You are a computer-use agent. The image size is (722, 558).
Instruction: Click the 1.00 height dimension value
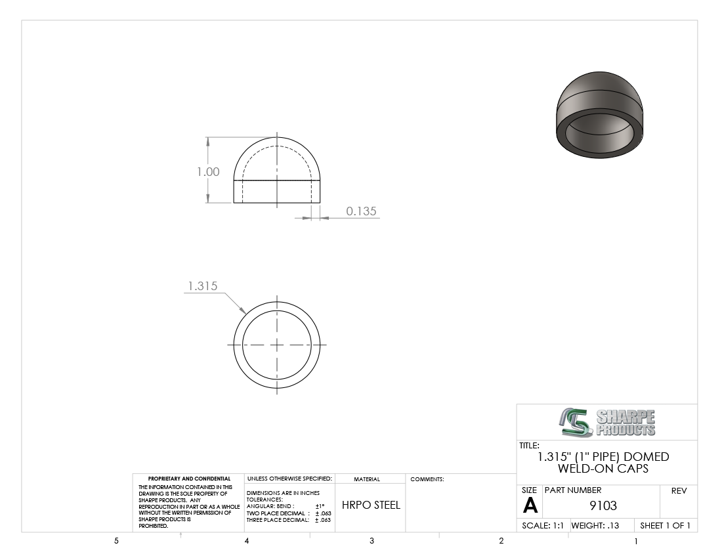[x=208, y=172]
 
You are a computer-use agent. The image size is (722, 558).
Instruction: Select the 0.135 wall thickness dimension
[x=362, y=211]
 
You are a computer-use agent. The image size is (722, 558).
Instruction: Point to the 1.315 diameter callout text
[x=203, y=286]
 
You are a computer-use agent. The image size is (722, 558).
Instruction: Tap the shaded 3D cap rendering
[x=599, y=115]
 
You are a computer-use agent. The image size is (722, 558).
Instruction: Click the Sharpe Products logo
[x=607, y=422]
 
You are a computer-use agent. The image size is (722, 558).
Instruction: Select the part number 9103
[x=603, y=505]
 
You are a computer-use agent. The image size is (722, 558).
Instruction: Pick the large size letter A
[x=530, y=506]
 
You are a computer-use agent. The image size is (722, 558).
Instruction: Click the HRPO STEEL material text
[x=371, y=505]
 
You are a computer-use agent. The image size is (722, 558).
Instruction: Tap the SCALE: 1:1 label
[x=543, y=525]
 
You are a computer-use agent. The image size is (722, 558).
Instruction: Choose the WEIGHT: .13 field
[x=595, y=525]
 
